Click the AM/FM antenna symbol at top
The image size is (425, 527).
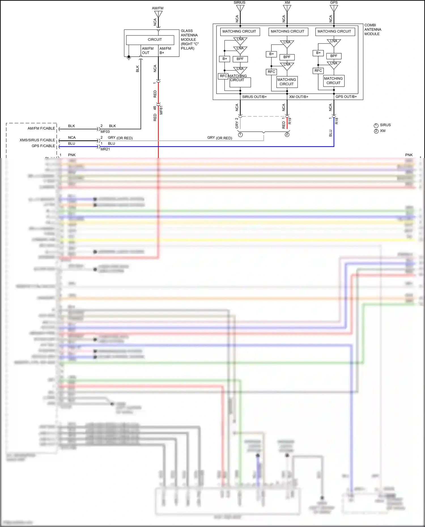point(158,14)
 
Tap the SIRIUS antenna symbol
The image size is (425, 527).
point(240,8)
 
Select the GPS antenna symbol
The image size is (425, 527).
point(334,8)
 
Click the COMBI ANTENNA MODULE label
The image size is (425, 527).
point(372,29)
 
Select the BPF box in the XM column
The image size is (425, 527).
point(287,57)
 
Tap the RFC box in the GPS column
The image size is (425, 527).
point(318,71)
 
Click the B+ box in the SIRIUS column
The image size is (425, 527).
point(225,59)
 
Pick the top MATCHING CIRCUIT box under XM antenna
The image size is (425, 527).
point(288,31)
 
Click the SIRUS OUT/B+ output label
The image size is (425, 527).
point(254,97)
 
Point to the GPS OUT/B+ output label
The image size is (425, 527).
point(346,97)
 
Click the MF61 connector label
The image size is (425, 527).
point(161,110)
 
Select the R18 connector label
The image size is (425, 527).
point(337,121)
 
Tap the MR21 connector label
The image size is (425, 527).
point(105,149)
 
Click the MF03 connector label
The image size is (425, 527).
point(105,132)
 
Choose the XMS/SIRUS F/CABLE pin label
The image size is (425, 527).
point(37,140)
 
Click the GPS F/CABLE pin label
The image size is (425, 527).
point(43,146)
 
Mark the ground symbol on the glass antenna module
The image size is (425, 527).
point(129,58)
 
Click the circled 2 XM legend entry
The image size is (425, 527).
point(380,131)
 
